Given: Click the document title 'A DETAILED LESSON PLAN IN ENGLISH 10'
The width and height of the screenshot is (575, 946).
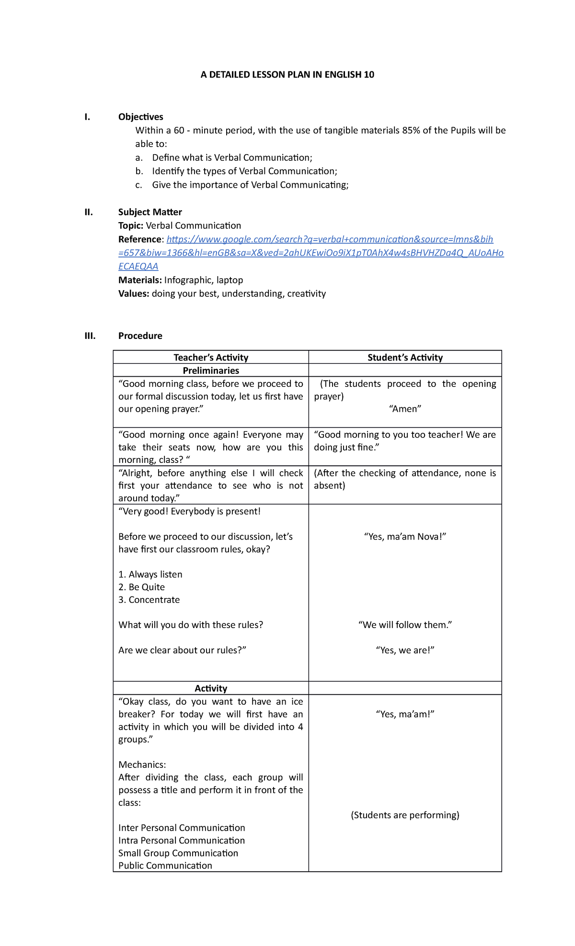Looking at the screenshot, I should click(287, 75).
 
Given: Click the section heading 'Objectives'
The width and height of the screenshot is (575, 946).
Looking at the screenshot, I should click(140, 117).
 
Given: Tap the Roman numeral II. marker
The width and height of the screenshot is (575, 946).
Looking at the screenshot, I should click(89, 212).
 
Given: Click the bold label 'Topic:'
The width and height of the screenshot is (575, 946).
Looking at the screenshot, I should click(130, 225).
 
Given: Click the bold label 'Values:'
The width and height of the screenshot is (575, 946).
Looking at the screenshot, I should click(134, 293).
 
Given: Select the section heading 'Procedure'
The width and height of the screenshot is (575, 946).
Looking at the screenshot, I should click(140, 336).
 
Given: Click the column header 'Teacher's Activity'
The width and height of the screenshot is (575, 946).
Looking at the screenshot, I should click(211, 357).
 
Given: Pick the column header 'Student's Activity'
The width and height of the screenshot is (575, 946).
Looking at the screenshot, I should click(405, 357).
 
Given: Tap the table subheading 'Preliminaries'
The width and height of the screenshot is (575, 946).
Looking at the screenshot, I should click(211, 371).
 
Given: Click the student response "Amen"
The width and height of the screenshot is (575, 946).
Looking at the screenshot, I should click(405, 409).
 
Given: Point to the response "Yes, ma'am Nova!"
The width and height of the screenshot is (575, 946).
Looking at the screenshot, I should click(405, 537).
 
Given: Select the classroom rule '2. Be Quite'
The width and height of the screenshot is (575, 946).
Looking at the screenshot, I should click(141, 587).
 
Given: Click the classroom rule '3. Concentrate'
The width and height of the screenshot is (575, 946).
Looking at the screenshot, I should click(149, 600).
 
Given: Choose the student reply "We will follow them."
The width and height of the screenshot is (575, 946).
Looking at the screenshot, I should click(405, 625).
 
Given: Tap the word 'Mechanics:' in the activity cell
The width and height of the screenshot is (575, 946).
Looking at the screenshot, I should click(142, 765).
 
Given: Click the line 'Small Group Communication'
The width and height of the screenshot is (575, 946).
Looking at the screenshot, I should click(178, 853).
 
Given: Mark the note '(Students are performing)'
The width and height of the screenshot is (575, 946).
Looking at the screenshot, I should click(405, 815).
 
